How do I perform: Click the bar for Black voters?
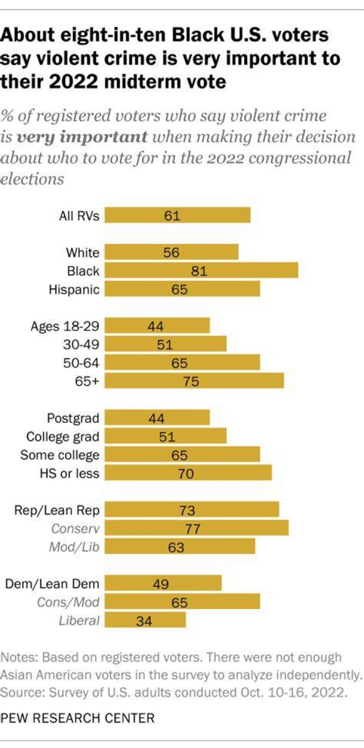click(x=201, y=270)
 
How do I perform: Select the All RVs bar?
click(x=177, y=215)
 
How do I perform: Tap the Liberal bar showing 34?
click(x=145, y=620)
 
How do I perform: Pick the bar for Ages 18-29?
click(x=157, y=326)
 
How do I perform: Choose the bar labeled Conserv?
click(x=197, y=528)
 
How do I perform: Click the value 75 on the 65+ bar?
click(x=191, y=381)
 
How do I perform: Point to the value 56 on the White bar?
click(x=171, y=253)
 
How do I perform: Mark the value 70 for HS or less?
click(x=186, y=474)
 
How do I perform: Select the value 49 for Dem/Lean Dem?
click(x=161, y=584)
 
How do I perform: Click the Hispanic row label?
click(x=74, y=289)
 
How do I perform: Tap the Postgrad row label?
click(x=73, y=418)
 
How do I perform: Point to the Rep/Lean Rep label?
click(x=57, y=510)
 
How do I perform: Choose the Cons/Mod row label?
click(x=68, y=602)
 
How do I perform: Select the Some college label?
click(x=60, y=455)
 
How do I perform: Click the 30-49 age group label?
click(x=81, y=344)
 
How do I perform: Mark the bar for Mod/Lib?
click(x=180, y=546)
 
